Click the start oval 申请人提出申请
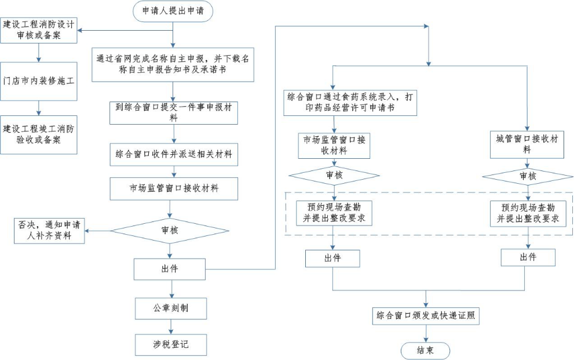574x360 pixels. (173, 10)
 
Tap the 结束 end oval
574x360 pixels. (425, 350)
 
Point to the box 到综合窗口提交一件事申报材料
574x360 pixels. (174, 112)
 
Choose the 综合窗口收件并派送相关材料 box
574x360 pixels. (174, 155)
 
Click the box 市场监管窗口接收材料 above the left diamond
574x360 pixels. (174, 188)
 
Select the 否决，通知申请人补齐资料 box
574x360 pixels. (49, 231)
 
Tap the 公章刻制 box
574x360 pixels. (170, 308)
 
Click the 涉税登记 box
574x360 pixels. (170, 344)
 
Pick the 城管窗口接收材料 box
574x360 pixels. (527, 145)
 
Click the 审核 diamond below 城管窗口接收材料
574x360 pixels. (527, 176)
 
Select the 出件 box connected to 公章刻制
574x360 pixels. (170, 268)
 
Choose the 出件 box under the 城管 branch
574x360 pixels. (527, 257)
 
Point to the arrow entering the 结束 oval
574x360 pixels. (426, 334)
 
